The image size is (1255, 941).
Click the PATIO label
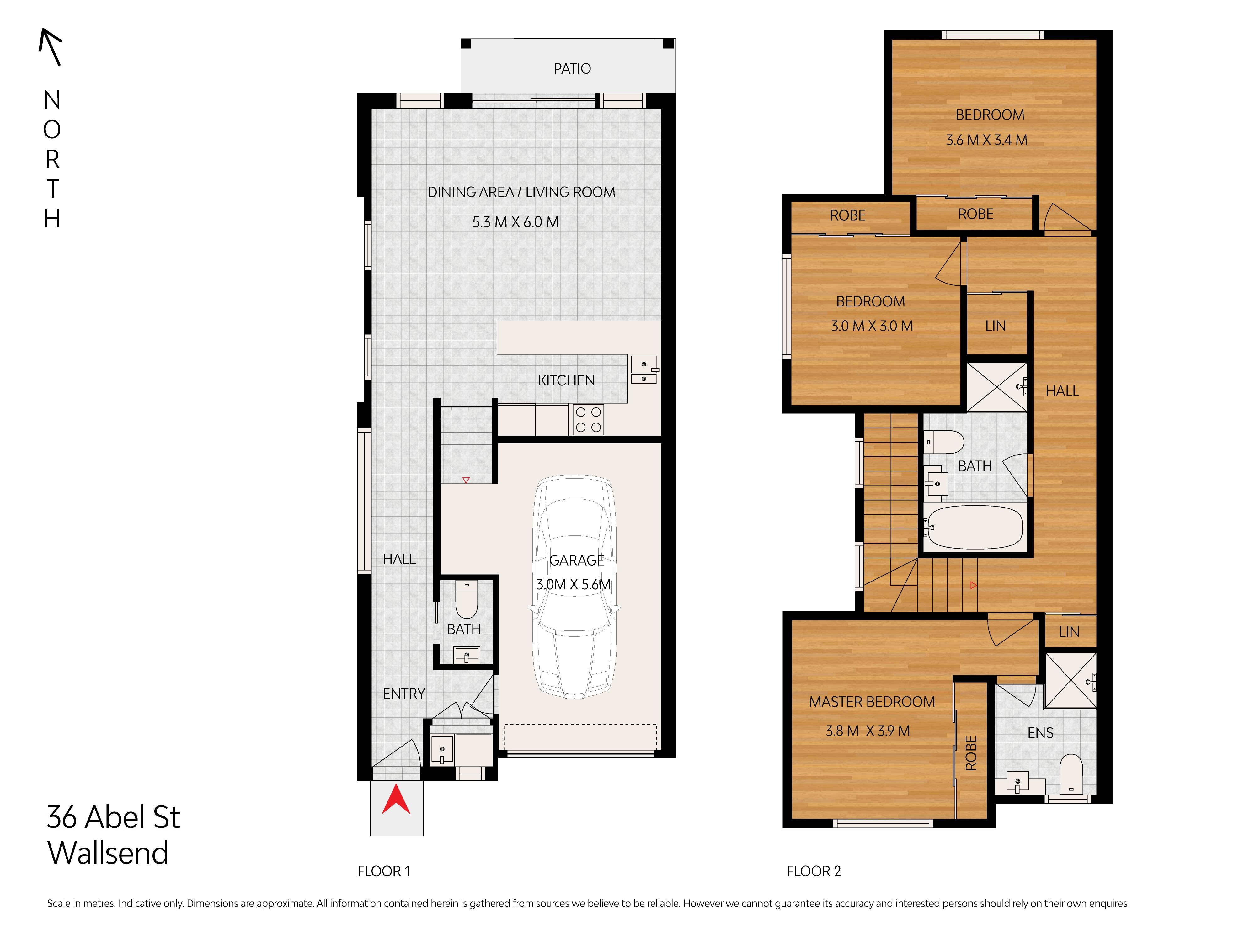[x=572, y=69]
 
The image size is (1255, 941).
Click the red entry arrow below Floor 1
[x=396, y=799]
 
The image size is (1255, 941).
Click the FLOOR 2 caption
[x=814, y=871]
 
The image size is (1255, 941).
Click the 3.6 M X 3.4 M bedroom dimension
[x=987, y=140]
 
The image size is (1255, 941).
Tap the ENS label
[x=1040, y=733]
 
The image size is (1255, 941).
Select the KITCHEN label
[x=566, y=380]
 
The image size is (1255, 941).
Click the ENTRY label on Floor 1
[x=403, y=694]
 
